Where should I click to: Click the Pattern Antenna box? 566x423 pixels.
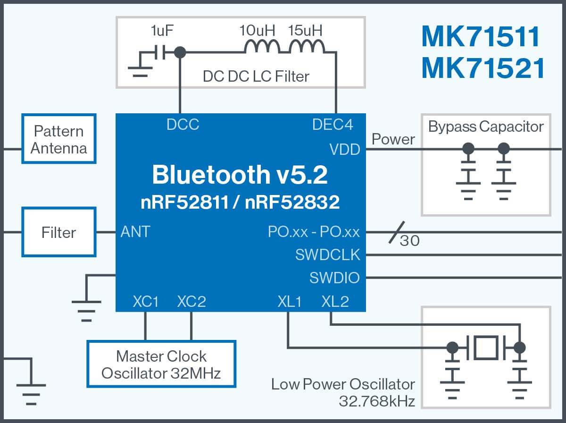59,139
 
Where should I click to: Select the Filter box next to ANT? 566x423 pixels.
59,232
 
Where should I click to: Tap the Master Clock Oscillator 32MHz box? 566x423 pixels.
161,364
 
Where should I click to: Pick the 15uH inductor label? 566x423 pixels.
306,32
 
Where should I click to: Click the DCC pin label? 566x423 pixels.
183,125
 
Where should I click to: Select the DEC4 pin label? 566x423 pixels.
333,125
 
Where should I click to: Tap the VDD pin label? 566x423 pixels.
345,150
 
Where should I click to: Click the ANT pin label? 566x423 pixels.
135,232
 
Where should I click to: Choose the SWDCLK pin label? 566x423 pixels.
328,255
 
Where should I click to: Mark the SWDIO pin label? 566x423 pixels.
334,278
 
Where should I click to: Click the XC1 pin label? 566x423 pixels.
146,301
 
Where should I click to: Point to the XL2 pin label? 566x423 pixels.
335,301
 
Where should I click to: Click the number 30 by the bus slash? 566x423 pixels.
409,241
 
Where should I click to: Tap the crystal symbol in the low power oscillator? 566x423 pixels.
486,347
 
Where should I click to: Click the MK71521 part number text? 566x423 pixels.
483,68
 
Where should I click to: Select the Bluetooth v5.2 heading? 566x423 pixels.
240,175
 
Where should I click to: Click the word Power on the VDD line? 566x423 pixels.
393,139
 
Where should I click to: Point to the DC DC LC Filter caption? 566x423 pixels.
256,76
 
